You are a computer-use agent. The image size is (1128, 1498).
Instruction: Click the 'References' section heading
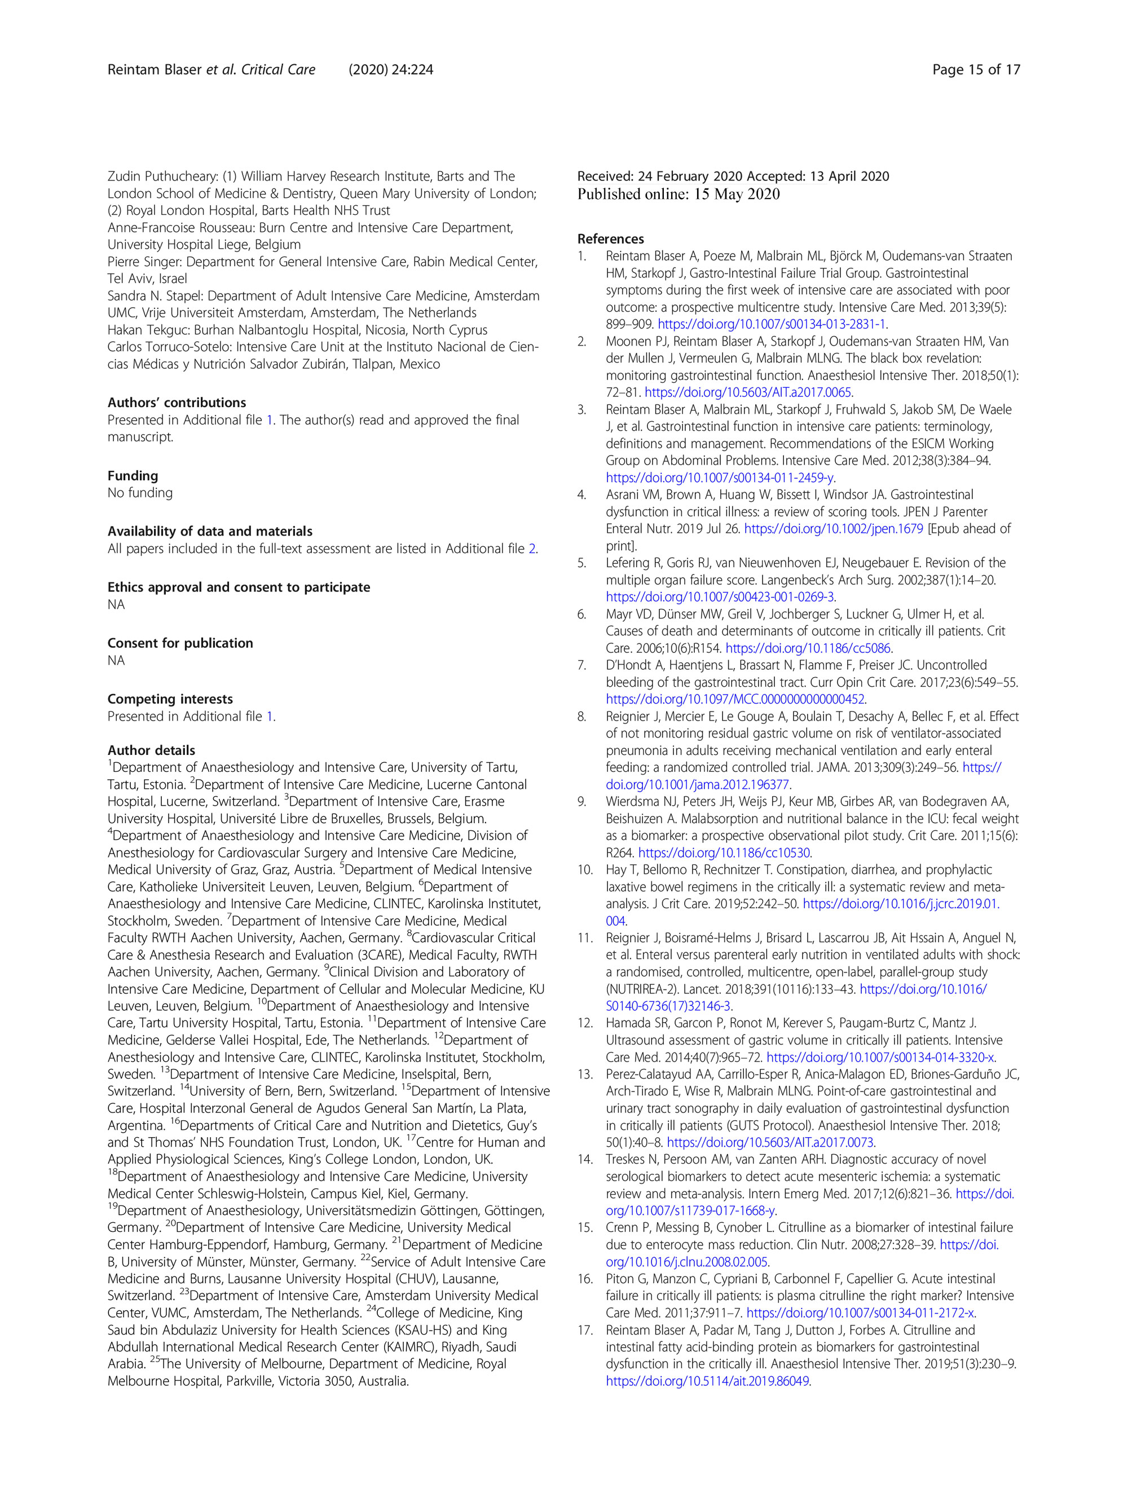coord(610,239)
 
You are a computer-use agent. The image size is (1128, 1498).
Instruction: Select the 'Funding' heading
coord(133,475)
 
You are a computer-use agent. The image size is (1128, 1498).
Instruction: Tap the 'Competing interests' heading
coord(170,699)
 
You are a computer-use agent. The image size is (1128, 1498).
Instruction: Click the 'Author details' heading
coord(151,750)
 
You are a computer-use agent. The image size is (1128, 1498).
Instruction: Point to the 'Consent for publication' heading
coord(180,643)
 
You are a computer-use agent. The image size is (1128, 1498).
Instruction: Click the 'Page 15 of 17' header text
coord(976,70)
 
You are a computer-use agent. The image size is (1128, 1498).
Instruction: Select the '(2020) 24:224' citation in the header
coord(390,70)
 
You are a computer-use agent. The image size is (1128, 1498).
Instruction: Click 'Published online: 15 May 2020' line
coord(678,195)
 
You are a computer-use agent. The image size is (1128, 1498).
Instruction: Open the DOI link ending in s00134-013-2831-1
coord(772,324)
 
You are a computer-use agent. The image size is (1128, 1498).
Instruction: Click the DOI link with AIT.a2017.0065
coord(748,392)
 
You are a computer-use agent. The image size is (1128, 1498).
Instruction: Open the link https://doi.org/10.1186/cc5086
coord(808,648)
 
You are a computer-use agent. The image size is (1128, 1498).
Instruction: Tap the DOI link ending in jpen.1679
coord(833,529)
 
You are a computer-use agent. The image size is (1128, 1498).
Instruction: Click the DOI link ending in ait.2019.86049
coord(707,1381)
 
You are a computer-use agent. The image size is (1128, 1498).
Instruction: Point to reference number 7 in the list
coord(582,665)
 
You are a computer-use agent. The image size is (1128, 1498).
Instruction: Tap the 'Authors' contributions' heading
coord(177,402)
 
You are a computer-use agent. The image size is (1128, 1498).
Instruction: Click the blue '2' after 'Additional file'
coord(532,549)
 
